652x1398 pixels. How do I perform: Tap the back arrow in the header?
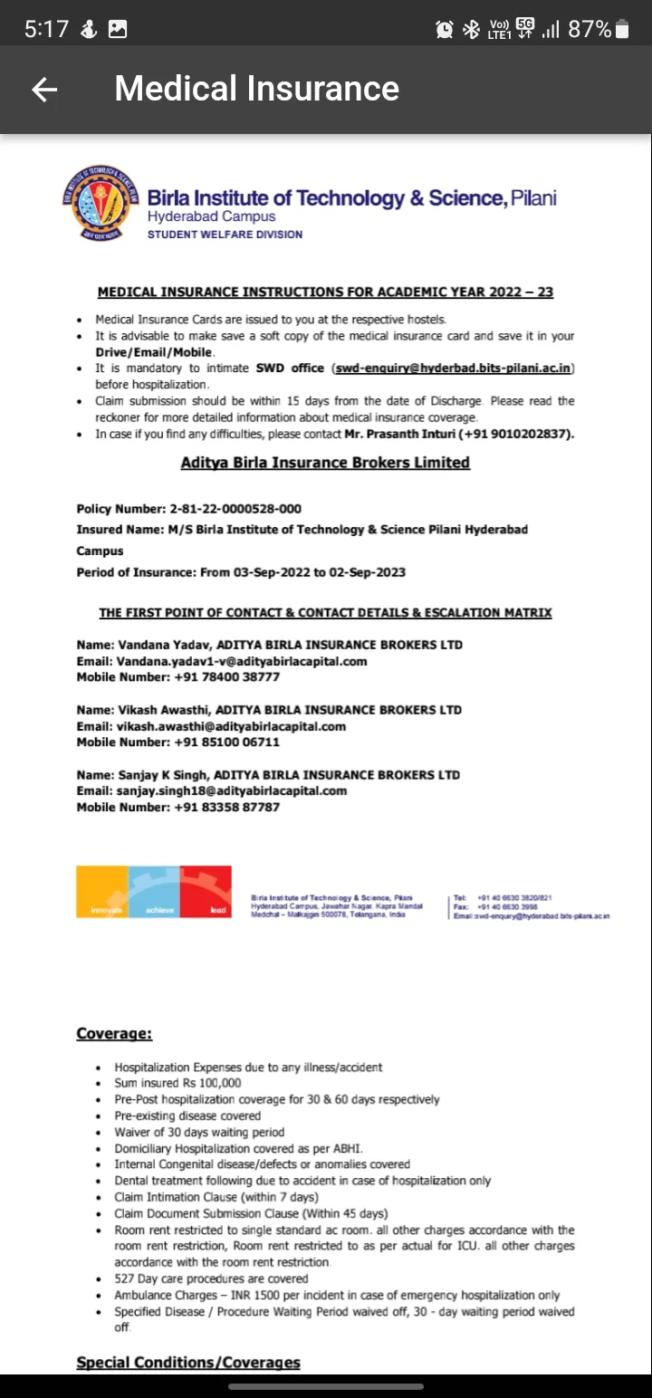coord(43,89)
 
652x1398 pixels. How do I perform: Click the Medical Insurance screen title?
coord(256,89)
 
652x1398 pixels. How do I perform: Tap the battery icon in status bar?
coord(622,29)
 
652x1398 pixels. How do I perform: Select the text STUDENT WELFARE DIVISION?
coord(225,235)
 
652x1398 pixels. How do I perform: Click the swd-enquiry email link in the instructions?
coord(454,369)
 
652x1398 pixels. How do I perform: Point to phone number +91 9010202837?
coord(518,434)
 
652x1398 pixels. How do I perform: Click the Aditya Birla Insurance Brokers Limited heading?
coord(325,463)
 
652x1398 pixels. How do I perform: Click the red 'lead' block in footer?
coord(206,892)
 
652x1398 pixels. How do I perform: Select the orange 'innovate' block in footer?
coord(102,892)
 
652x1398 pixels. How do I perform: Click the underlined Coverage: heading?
coord(114,1033)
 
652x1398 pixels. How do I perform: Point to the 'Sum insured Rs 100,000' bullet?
coord(177,1083)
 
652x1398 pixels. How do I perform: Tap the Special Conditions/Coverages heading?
coord(188,1362)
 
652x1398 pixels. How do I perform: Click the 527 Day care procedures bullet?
coord(211,1278)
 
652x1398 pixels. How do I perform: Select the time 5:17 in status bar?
coord(46,29)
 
